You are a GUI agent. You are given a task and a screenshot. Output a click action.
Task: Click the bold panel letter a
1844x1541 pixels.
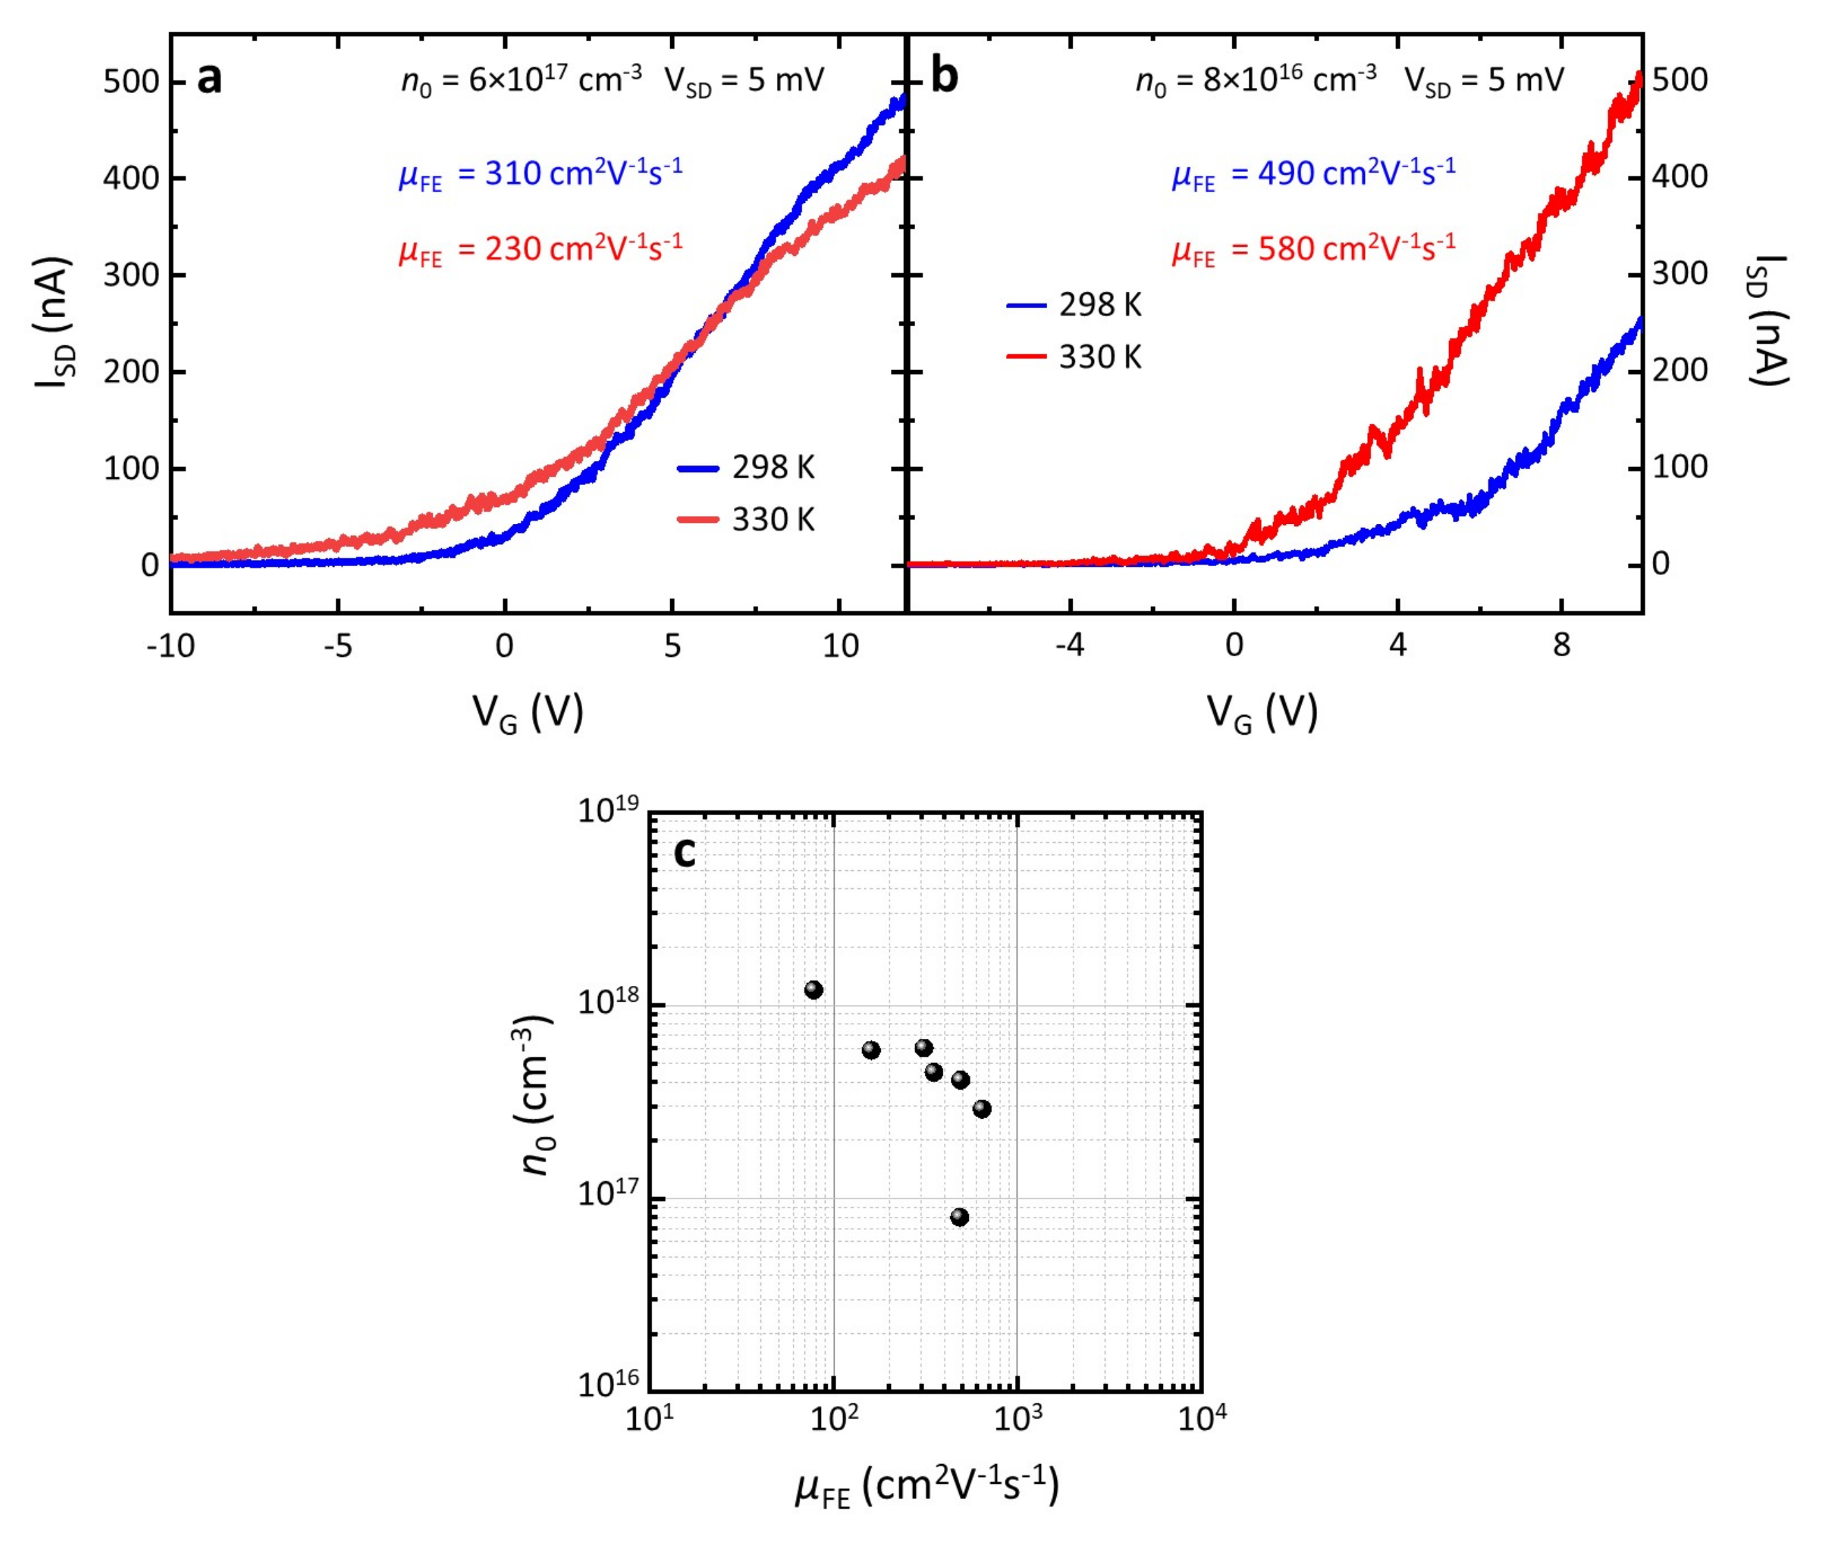click(209, 80)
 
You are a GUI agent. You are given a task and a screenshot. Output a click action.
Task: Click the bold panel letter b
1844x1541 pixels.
click(944, 78)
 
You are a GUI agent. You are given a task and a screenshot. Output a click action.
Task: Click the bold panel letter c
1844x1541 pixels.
click(684, 852)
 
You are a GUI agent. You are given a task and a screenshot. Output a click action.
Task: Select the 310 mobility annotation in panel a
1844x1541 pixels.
click(541, 174)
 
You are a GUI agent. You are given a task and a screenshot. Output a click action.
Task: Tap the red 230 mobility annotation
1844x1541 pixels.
click(541, 249)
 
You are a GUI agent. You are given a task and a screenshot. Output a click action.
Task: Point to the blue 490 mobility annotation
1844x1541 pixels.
click(1314, 174)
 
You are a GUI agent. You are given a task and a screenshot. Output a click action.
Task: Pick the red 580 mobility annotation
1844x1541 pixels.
click(1314, 249)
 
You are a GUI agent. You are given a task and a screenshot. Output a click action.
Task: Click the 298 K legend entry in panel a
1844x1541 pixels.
click(747, 468)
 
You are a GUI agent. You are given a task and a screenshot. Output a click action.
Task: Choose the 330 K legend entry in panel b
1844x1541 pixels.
click(1074, 357)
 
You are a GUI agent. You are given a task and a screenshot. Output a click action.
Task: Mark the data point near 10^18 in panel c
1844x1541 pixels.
click(813, 989)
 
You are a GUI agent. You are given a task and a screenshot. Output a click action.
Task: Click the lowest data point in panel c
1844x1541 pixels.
click(959, 1217)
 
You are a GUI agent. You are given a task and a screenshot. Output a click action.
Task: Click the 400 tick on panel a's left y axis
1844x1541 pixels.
click(131, 178)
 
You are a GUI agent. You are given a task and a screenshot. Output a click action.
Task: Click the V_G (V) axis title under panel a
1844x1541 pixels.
click(528, 713)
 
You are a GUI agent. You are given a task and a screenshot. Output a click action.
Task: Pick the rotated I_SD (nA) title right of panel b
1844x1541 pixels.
click(1765, 321)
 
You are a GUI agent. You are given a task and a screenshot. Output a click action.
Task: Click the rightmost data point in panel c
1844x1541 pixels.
click(982, 1109)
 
